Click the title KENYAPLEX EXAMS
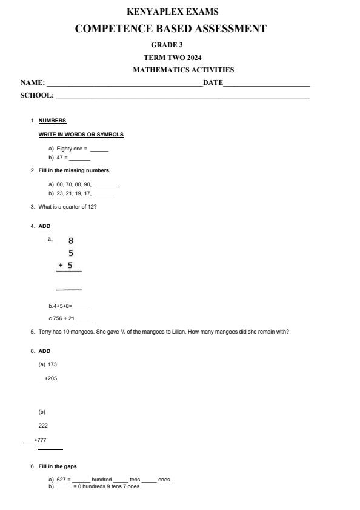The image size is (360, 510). click(173, 12)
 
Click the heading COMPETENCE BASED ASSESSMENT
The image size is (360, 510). click(170, 29)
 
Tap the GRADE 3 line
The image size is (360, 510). click(167, 45)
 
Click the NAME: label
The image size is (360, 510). click(33, 82)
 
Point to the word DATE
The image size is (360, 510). click(213, 82)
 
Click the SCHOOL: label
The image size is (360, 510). click(37, 95)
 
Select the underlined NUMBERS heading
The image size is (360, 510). click(52, 121)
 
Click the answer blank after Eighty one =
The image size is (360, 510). click(99, 149)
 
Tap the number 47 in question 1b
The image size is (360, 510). click(59, 158)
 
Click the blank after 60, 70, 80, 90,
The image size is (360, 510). click(105, 185)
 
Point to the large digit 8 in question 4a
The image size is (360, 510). click(71, 241)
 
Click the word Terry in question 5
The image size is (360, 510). click(45, 332)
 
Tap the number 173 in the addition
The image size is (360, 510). click(52, 364)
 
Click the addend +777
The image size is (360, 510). click(40, 440)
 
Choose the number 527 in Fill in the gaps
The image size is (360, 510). click(61, 480)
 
